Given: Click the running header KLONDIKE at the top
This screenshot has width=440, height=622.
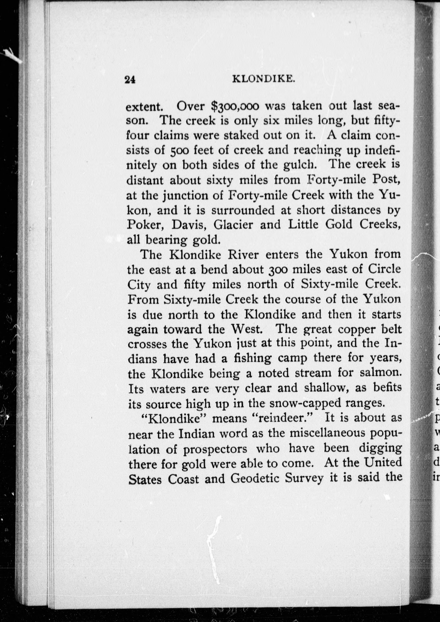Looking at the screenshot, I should coord(264,79).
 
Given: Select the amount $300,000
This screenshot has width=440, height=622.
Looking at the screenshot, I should coord(235,107).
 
